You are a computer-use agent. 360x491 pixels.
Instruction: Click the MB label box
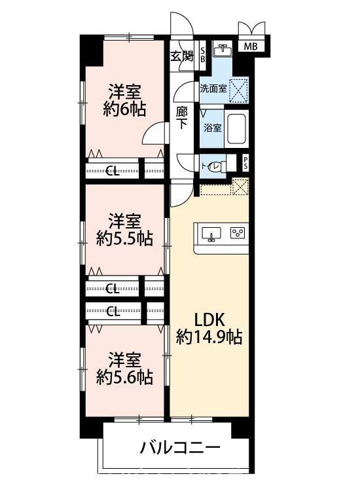251,46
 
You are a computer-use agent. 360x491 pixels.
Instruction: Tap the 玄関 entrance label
182,56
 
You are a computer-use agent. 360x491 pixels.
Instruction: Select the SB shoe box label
202,54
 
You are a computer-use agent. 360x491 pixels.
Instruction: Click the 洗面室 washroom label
213,88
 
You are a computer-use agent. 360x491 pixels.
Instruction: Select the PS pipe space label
245,164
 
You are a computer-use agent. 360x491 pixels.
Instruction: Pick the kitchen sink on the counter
211,234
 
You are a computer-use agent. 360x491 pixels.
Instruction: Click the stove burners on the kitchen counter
237,232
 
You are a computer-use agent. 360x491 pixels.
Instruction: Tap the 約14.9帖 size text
209,338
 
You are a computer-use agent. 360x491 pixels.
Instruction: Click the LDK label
209,319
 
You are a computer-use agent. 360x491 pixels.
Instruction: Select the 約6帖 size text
124,109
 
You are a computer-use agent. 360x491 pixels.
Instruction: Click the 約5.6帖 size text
124,377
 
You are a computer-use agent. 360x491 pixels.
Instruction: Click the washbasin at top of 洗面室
225,49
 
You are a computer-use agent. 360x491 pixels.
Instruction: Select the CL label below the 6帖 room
113,172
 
